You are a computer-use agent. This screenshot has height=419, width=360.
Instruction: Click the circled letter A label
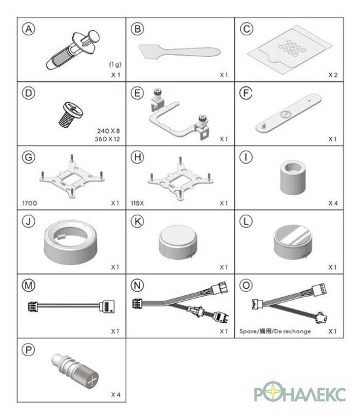[x=29, y=29]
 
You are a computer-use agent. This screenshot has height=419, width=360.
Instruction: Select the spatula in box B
[x=179, y=52]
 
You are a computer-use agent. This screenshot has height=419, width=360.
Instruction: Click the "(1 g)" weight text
[x=115, y=64]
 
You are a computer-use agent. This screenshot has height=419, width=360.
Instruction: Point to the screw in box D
[x=71, y=114]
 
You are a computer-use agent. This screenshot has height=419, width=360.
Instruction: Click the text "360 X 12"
[x=107, y=139]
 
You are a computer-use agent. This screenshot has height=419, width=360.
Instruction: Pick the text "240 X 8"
[x=109, y=131]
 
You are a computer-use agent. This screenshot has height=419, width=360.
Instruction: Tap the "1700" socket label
[x=29, y=203]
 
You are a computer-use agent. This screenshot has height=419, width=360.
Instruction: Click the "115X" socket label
[x=137, y=203]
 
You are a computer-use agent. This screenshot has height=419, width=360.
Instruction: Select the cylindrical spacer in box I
[x=293, y=177]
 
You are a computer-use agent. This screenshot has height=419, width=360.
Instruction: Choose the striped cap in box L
[x=293, y=242]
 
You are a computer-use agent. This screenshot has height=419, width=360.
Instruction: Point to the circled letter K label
[x=137, y=221]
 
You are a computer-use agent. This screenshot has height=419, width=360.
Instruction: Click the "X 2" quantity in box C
[x=333, y=75]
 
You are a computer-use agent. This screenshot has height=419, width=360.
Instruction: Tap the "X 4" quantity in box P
[x=116, y=395]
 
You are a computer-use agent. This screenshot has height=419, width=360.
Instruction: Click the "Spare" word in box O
[x=248, y=331]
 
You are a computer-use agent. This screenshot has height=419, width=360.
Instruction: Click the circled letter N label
[x=137, y=285]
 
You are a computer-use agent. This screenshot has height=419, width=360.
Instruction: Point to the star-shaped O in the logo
[x=273, y=392]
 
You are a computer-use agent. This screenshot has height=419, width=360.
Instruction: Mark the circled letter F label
[x=246, y=93]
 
